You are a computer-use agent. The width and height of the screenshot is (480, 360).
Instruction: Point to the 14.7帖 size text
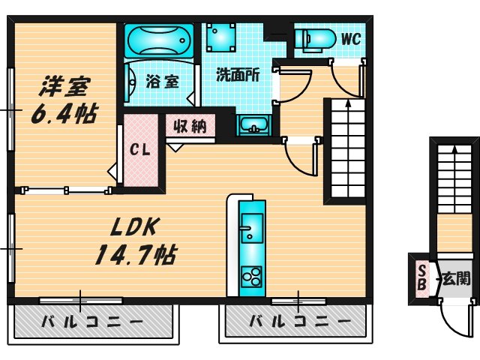[133, 255]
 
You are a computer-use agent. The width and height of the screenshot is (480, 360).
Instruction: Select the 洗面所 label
[238, 75]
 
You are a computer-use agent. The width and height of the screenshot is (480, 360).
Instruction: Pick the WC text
[351, 37]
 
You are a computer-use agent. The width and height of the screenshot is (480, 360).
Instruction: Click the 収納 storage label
[190, 125]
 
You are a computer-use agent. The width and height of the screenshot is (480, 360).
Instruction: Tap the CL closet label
[141, 149]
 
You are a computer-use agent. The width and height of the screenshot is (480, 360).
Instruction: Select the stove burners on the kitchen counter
[251, 278]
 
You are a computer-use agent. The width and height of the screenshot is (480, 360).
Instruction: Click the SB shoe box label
[422, 277]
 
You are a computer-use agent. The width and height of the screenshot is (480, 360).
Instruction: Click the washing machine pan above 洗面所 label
[222, 36]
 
